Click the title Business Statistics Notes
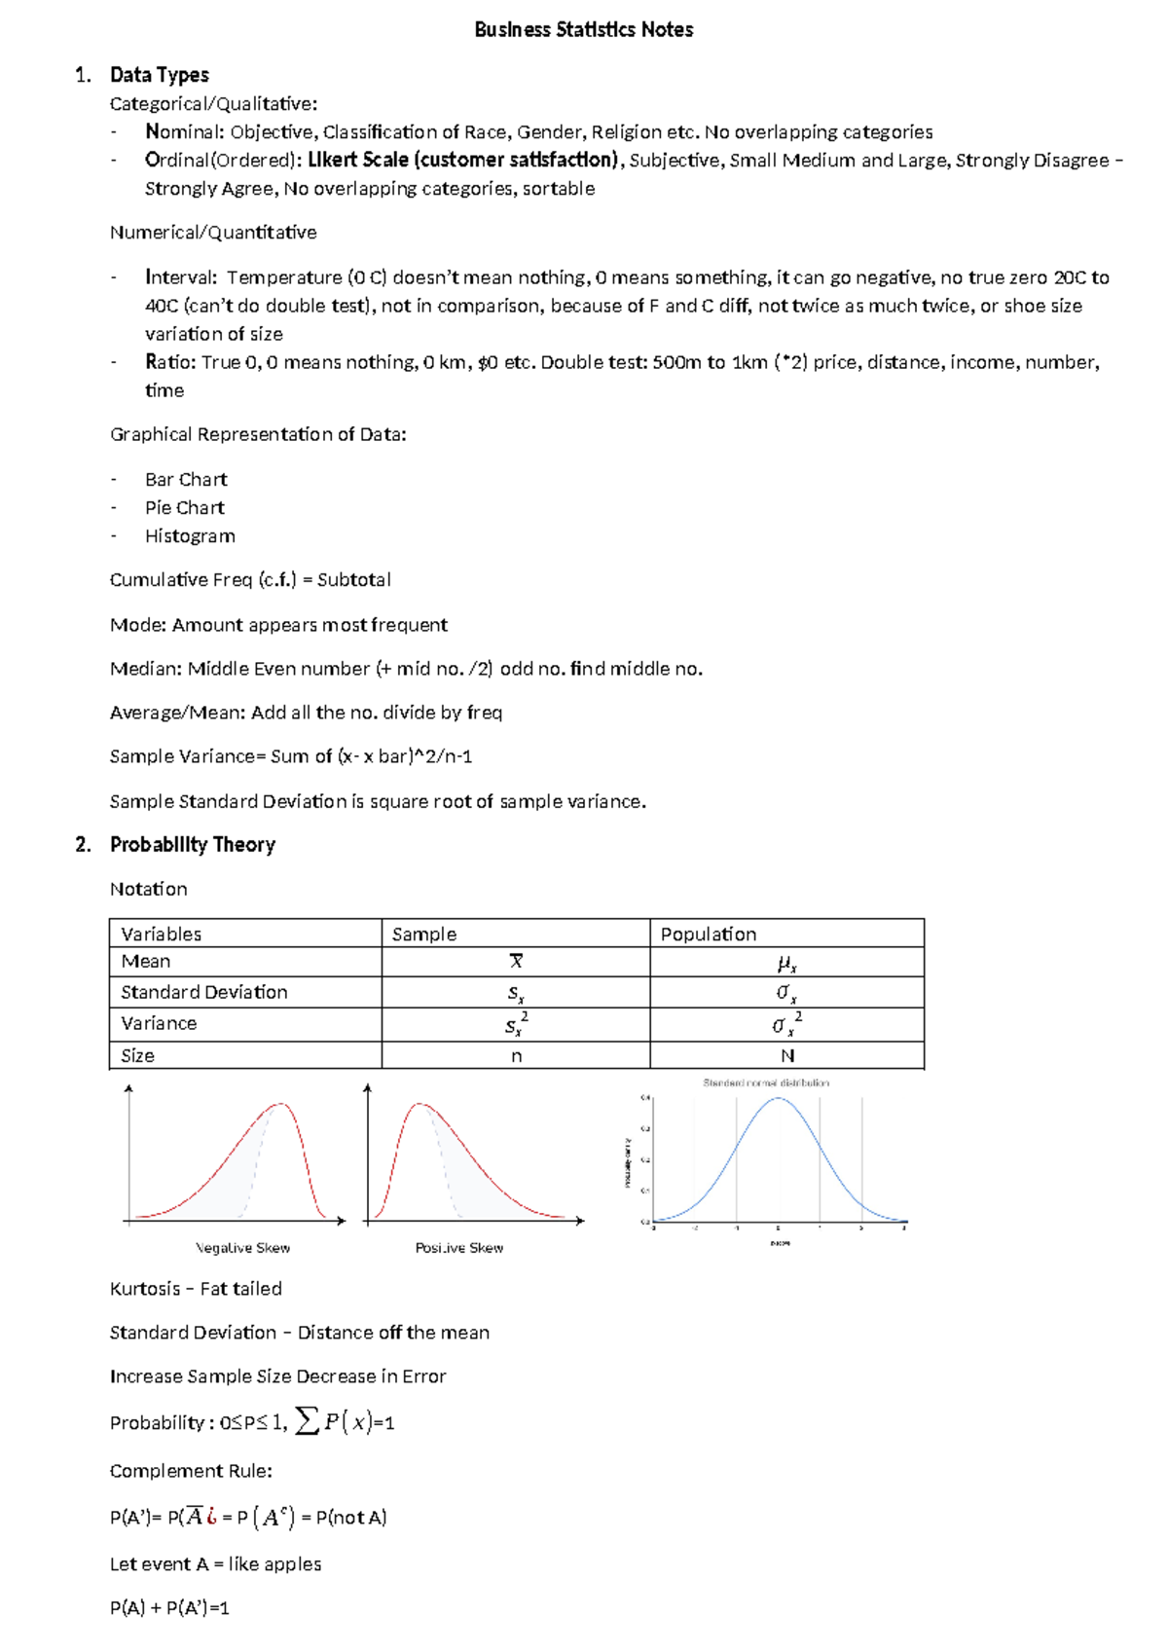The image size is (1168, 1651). click(583, 30)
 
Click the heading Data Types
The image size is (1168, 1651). click(159, 75)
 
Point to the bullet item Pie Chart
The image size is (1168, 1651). click(185, 508)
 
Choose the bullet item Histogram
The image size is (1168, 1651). click(190, 536)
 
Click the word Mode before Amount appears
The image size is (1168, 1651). click(137, 625)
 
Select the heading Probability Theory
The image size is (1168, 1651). click(192, 845)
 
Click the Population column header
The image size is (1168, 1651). click(708, 935)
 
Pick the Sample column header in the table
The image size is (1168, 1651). click(423, 935)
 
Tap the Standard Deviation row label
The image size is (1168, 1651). click(203, 992)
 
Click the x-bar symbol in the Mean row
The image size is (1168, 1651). click(516, 962)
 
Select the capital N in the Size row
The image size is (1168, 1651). click(787, 1056)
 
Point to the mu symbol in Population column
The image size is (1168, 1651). click(786, 964)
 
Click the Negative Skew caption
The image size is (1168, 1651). click(242, 1248)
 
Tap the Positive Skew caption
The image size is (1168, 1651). click(459, 1248)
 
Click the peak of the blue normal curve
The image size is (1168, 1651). click(778, 1099)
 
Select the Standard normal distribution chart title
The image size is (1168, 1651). click(766, 1082)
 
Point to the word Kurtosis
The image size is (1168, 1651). click(145, 1289)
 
